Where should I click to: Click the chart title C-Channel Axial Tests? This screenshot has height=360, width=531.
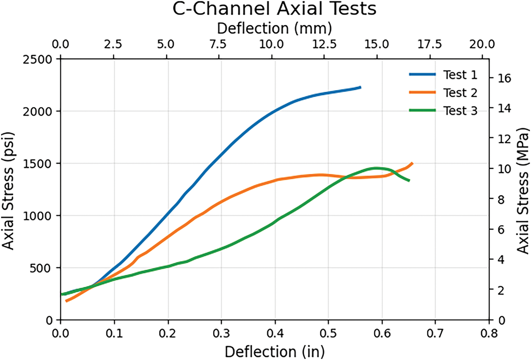(274, 9)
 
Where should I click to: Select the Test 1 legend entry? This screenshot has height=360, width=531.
(460, 75)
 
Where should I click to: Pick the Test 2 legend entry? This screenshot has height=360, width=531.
(460, 93)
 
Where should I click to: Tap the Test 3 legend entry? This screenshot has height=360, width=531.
(460, 111)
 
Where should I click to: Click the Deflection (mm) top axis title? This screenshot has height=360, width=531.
(274, 28)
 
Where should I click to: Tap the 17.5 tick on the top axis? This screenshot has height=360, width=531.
(435, 44)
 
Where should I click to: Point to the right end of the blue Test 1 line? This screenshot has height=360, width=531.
(360, 87)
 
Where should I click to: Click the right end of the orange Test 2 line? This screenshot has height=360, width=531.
(412, 163)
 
